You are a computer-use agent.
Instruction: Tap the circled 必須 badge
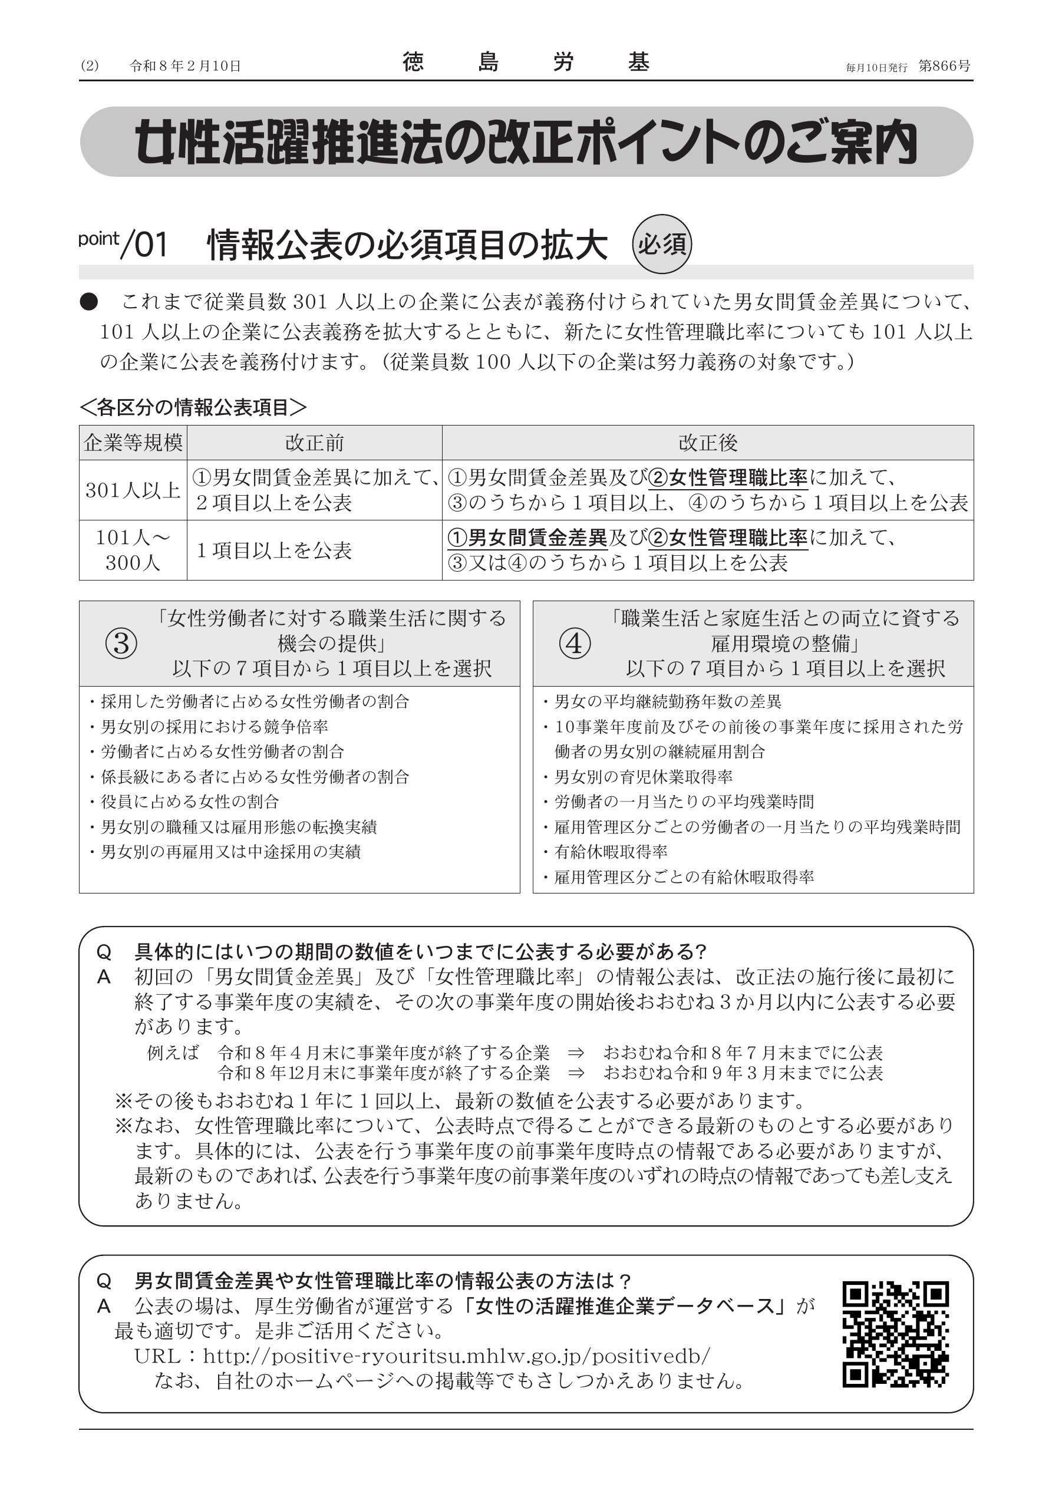(661, 244)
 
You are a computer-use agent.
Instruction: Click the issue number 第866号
(945, 66)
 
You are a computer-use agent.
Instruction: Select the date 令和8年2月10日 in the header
(185, 66)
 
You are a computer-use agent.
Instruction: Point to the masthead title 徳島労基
(525, 63)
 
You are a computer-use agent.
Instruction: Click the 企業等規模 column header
(133, 443)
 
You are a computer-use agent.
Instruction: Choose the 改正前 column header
(314, 443)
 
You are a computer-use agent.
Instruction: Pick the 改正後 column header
(707, 443)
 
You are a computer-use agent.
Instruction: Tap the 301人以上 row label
(133, 490)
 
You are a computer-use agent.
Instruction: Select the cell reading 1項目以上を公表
(273, 550)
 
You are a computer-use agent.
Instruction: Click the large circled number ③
(121, 644)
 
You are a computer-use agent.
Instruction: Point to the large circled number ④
(575, 644)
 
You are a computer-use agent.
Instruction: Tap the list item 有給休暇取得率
(611, 852)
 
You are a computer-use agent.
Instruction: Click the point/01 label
(123, 245)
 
